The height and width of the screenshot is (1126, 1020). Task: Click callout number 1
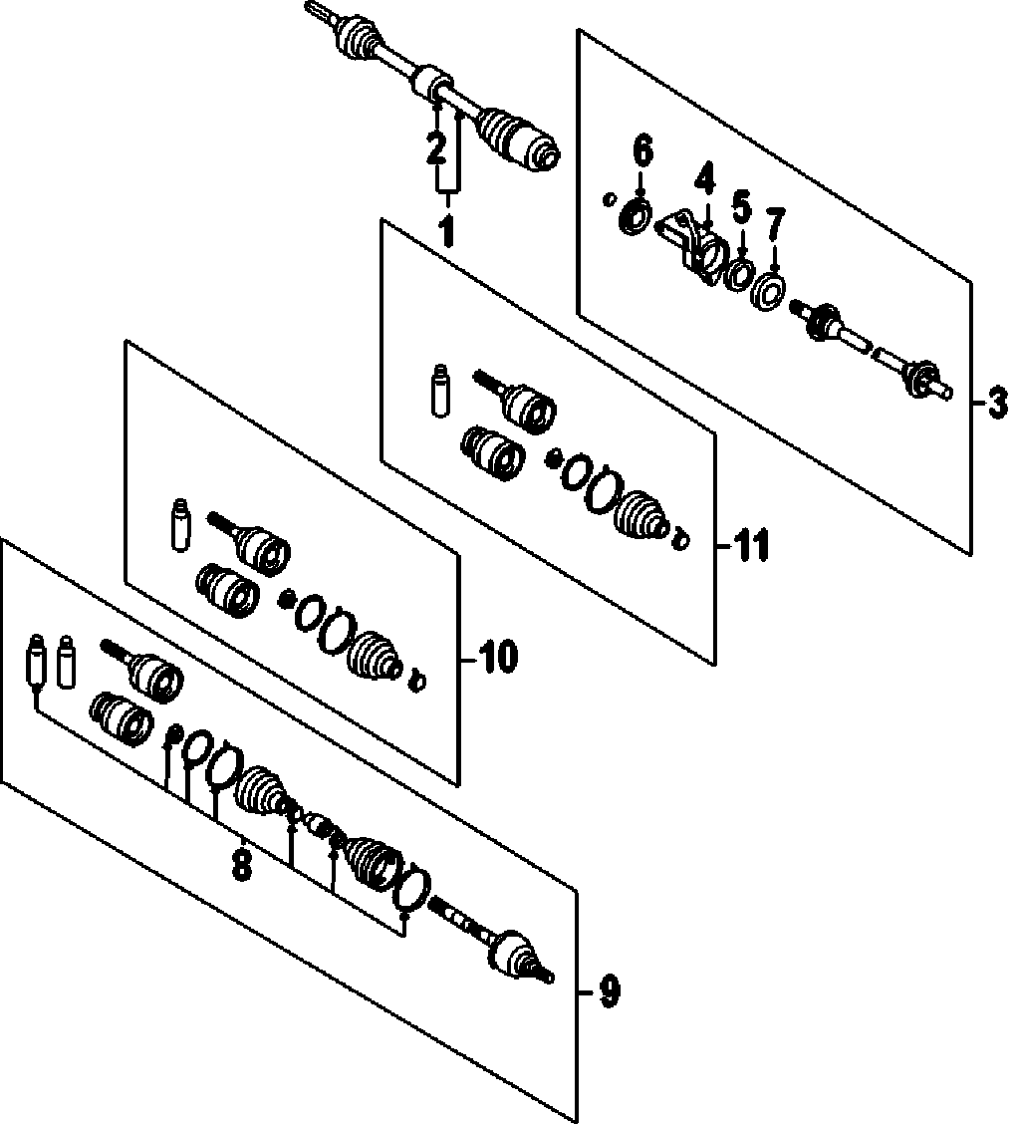pyautogui.click(x=445, y=231)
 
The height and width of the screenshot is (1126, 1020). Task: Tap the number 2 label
pyautogui.click(x=435, y=149)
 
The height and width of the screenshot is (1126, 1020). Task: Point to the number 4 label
pyautogui.click(x=704, y=180)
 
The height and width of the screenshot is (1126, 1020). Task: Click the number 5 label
pyautogui.click(x=741, y=209)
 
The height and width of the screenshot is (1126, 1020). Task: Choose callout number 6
pyautogui.click(x=642, y=152)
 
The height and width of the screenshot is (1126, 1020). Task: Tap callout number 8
pyautogui.click(x=241, y=863)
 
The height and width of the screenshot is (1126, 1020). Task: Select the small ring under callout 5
pyautogui.click(x=739, y=274)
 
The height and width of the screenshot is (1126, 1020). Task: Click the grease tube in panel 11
pyautogui.click(x=439, y=395)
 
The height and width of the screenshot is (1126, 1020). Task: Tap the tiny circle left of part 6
pyautogui.click(x=609, y=199)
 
